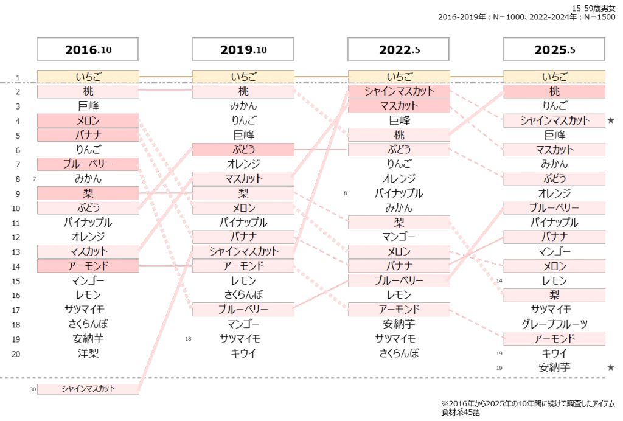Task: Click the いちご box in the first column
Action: (88, 77)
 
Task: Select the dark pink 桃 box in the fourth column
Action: (554, 92)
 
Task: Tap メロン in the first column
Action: (88, 120)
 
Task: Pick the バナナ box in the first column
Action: (88, 135)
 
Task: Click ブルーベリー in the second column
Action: (243, 310)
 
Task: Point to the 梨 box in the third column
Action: (399, 223)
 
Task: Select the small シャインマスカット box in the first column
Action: (88, 389)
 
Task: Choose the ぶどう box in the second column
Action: (243, 150)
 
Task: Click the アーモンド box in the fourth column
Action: (554, 339)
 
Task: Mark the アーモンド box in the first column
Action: (88, 266)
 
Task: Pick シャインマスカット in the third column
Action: (399, 92)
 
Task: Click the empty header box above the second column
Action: (243, 49)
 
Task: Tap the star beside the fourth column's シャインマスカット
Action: (611, 120)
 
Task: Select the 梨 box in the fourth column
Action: (554, 295)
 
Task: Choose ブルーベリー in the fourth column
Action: (554, 208)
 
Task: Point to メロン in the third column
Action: (399, 251)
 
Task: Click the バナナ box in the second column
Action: (243, 237)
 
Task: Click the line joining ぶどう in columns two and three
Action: (321, 150)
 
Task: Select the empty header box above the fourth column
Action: (554, 49)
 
